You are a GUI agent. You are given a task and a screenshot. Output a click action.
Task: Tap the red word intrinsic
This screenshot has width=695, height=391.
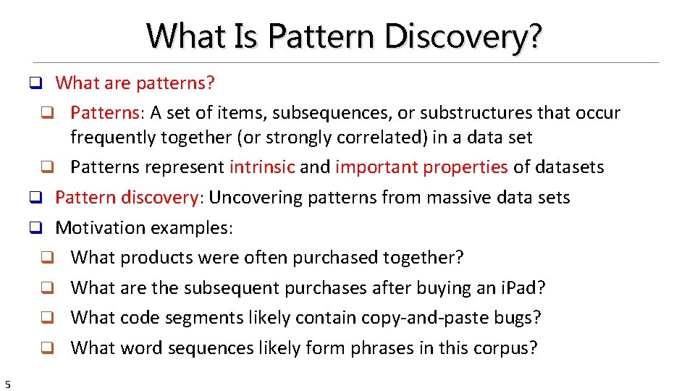coord(262,167)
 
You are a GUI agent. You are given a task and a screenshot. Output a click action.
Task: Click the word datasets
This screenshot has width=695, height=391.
coord(568,167)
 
